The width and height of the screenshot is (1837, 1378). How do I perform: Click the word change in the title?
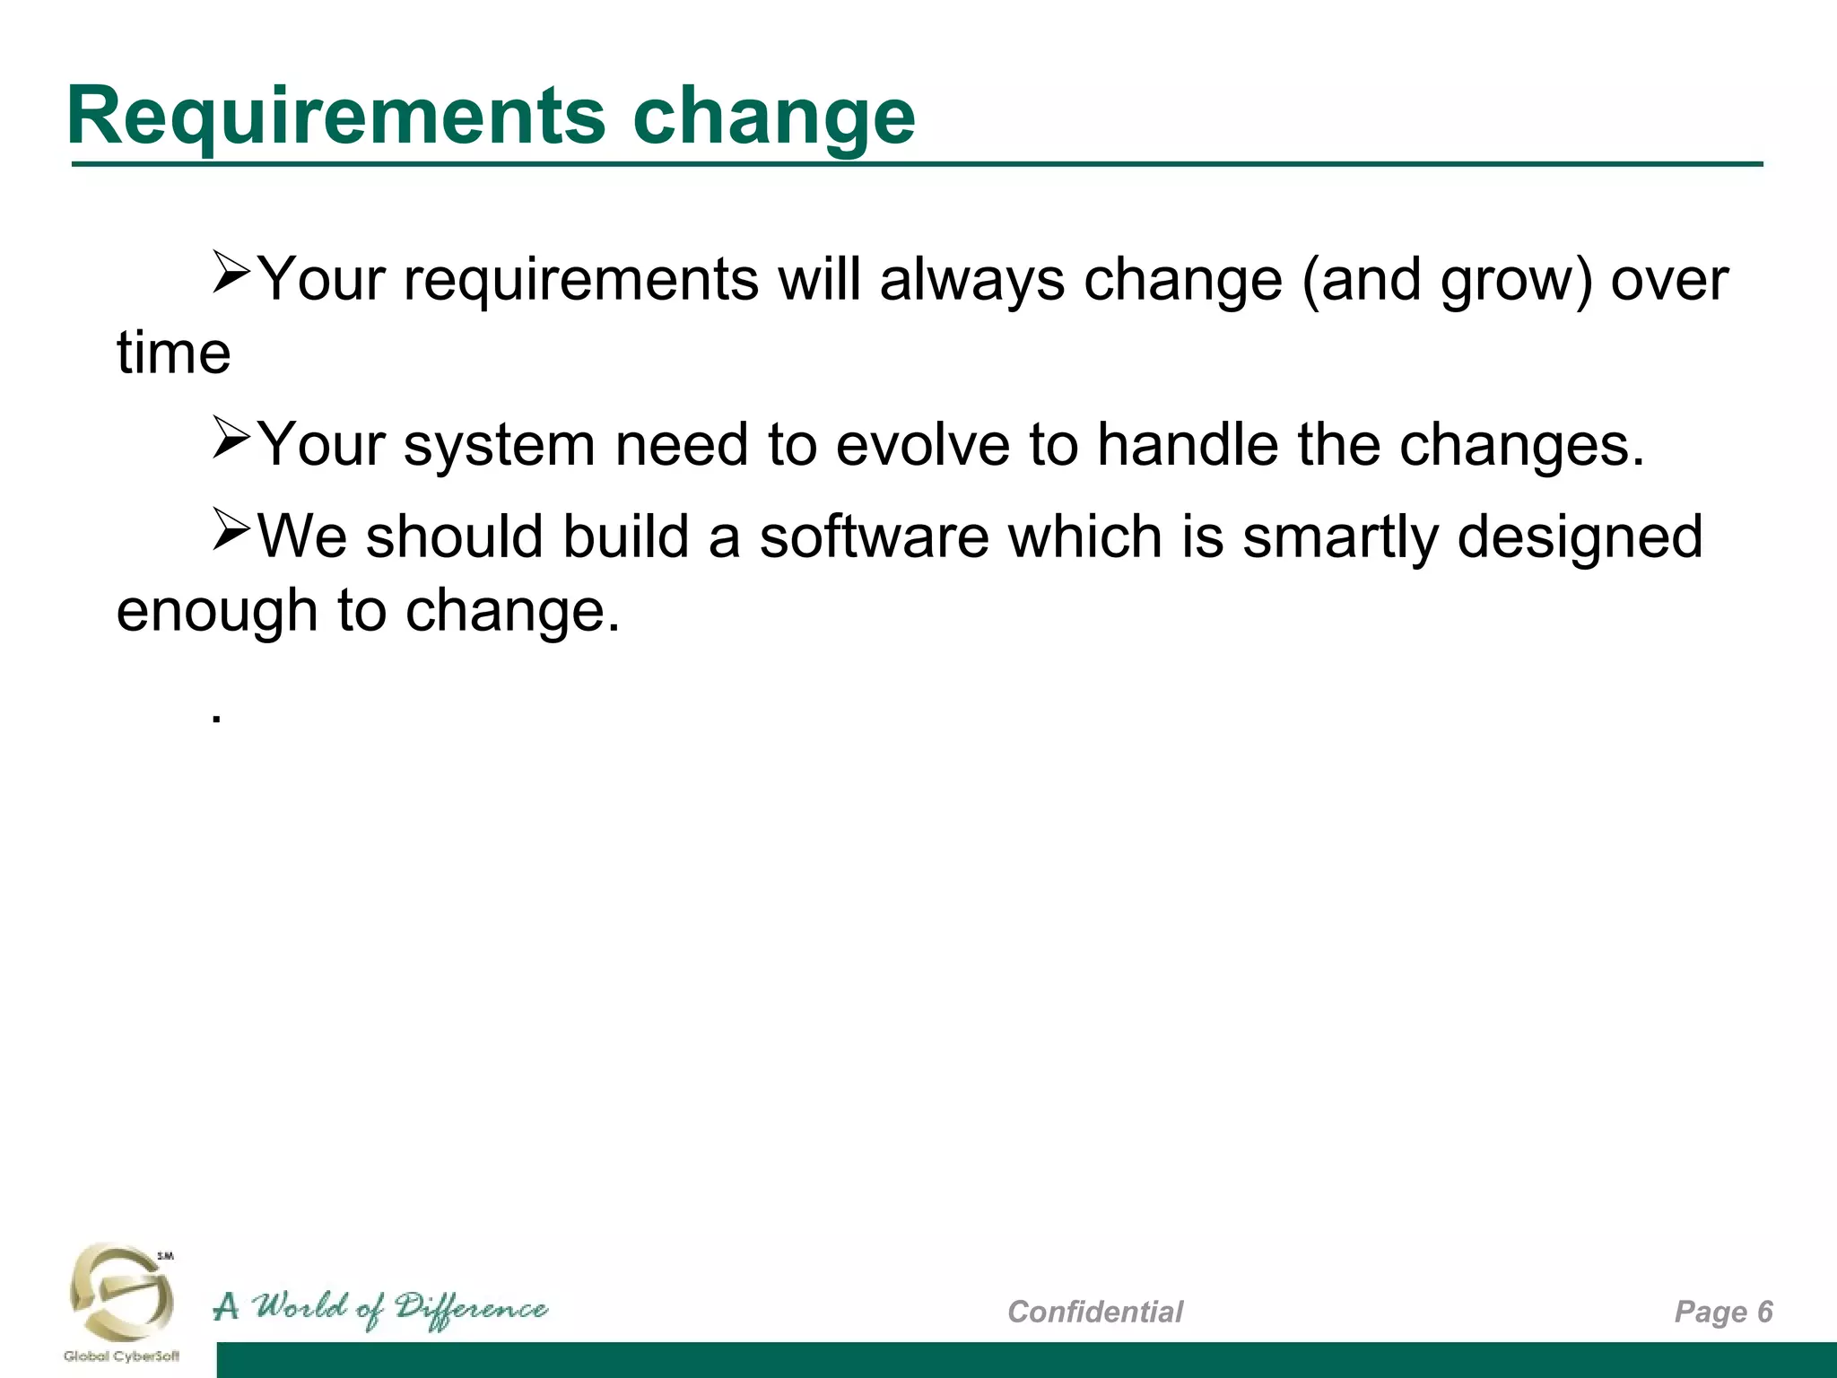(773, 117)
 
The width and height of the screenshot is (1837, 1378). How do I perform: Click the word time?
(173, 353)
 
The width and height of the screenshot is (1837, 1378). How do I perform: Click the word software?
(874, 536)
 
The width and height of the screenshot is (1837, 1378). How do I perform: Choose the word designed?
(1579, 536)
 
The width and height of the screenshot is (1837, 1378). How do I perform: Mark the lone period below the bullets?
(215, 718)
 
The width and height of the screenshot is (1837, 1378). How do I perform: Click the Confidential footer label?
(1094, 1312)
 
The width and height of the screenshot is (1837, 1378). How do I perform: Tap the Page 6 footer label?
(1723, 1312)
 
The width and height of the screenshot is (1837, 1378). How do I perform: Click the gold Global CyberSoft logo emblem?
(121, 1292)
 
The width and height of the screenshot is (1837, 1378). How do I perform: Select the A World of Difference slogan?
(380, 1309)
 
